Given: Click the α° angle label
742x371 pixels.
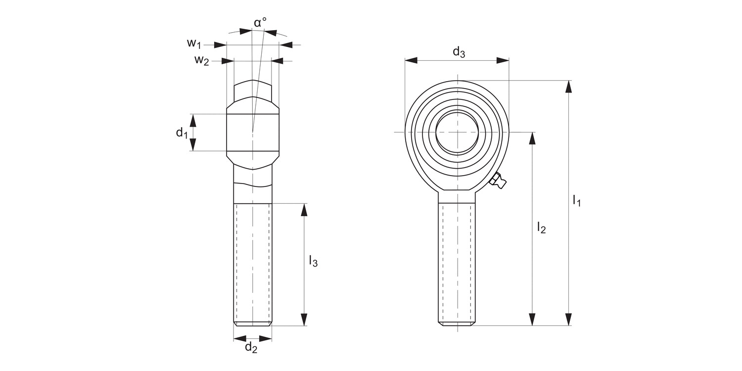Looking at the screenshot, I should click(260, 23).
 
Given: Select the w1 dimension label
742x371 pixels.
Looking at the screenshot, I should click(194, 44).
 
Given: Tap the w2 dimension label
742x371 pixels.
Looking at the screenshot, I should click(201, 60).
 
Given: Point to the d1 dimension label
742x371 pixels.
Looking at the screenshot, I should click(182, 133).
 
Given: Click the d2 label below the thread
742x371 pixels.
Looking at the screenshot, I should click(251, 348).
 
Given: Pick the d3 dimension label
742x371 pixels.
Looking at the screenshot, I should click(459, 52).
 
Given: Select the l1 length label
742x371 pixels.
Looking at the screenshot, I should click(576, 200).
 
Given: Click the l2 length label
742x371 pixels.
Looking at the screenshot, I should click(541, 228).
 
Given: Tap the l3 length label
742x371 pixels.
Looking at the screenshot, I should click(313, 261).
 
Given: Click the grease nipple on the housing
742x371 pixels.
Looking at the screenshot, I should click(499, 181).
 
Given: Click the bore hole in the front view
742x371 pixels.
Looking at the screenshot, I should click(457, 132).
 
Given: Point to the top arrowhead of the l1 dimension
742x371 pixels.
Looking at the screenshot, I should click(568, 87).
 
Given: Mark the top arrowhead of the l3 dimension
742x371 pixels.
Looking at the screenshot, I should click(304, 210).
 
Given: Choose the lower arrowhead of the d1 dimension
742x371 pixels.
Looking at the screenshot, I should click(193, 144).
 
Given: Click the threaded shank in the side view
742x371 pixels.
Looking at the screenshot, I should click(253, 265).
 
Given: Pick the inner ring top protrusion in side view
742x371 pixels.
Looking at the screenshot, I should click(253, 89).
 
